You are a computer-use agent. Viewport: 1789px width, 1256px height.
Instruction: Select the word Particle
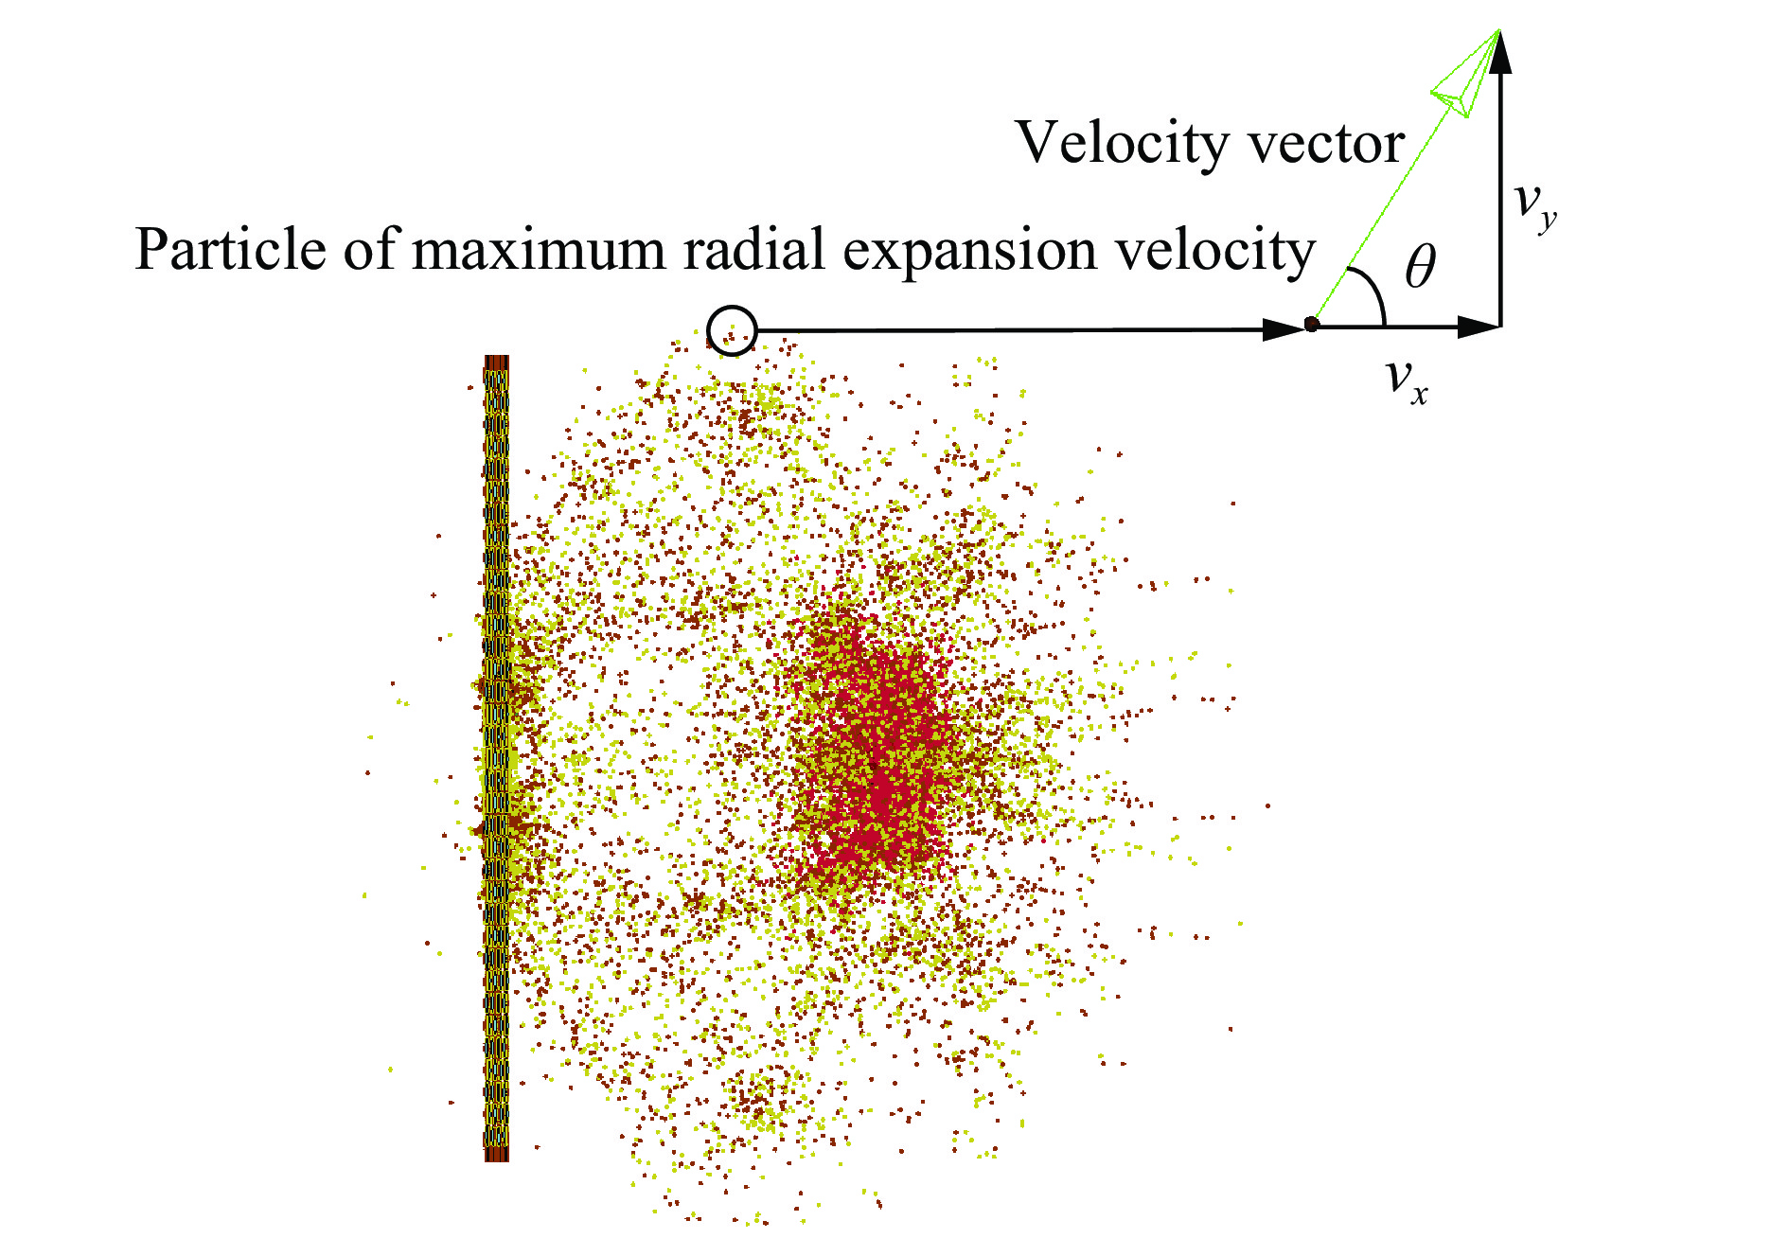click(229, 250)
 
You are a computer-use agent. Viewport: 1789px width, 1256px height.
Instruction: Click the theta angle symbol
click(1420, 266)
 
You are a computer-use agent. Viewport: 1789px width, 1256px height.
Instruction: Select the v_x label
click(1407, 380)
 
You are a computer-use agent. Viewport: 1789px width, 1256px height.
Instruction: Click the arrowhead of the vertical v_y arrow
click(1500, 52)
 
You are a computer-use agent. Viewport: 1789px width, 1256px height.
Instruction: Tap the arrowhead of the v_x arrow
click(1479, 327)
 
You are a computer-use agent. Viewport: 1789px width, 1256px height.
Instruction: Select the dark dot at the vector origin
click(1311, 325)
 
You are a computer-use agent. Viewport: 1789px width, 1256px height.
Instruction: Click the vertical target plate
click(497, 758)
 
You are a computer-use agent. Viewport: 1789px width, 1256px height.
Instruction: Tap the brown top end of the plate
click(497, 362)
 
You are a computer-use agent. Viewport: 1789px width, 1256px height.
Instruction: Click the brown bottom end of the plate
click(497, 1155)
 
